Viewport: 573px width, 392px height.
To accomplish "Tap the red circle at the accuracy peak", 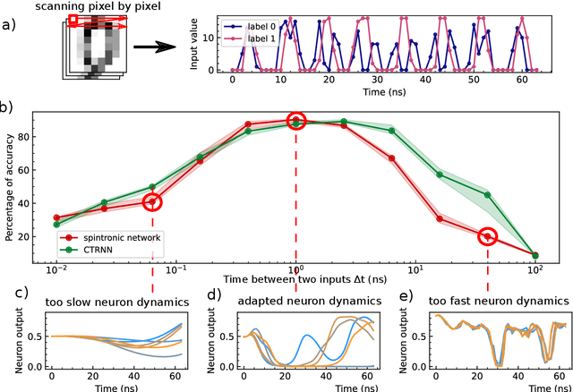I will click(x=296, y=121).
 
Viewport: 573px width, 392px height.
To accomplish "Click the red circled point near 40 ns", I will click(x=487, y=236).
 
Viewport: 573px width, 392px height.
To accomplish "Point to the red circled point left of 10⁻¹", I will click(x=152, y=202).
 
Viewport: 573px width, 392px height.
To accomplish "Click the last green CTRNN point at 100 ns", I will click(x=535, y=255).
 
